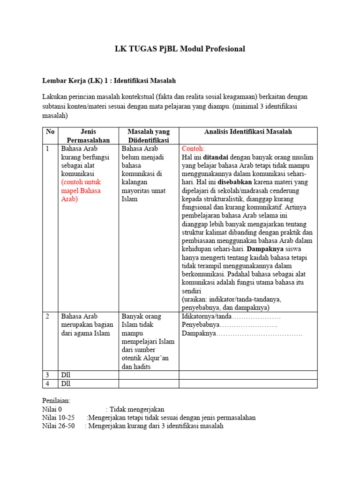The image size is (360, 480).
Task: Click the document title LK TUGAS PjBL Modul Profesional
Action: [180, 49]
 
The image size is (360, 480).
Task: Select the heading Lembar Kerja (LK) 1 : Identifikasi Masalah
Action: [109, 81]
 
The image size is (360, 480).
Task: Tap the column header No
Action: [50, 132]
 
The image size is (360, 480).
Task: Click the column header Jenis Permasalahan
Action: [88, 136]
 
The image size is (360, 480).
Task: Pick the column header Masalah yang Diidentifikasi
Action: [149, 136]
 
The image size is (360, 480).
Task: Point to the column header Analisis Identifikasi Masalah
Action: [248, 132]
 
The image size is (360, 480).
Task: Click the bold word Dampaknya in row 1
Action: [261, 249]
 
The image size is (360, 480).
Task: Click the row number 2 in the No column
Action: [48, 316]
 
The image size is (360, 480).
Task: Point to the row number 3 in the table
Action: [48, 375]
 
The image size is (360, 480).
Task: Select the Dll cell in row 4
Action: [66, 384]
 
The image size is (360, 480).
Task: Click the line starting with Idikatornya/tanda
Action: [231, 316]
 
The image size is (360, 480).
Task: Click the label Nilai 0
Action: [52, 409]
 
